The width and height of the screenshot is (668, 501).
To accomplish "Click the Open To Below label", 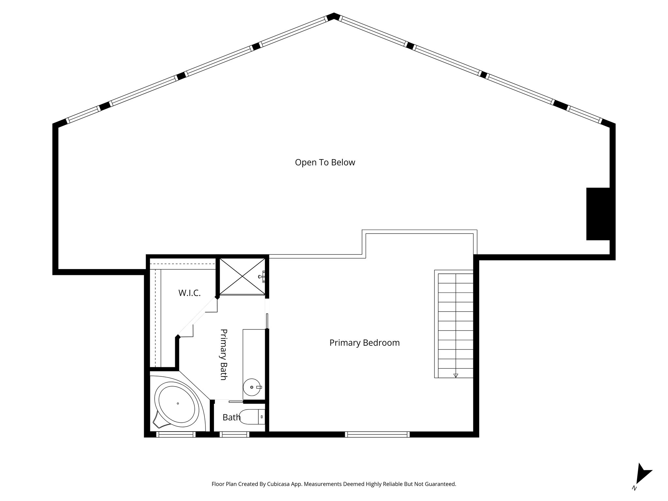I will pos(325,162).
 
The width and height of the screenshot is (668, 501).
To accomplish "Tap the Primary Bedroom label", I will pos(364,343).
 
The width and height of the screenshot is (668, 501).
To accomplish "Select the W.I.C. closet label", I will pos(189,293).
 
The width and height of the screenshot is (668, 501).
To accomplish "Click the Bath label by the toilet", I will pos(231,417).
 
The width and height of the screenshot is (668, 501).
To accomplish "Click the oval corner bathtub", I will pos(178,404).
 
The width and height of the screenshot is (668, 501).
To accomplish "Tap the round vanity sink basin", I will pos(252,387).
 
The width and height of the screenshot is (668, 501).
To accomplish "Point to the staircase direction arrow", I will pos(456,375).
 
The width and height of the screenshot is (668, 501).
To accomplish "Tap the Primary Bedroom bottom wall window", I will pos(377,434).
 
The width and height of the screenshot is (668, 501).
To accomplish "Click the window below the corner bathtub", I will pos(175,434).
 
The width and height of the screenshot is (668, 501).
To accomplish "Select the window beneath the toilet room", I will pos(234,434).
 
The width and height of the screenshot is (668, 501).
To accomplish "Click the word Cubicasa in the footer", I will pos(279,484).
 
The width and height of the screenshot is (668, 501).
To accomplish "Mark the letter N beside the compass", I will pos(634,497).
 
